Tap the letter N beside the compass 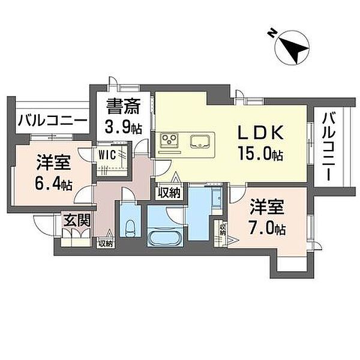tap(272, 32)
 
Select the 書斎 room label tap(123, 106)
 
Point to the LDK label tap(260, 133)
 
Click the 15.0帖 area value tap(260, 153)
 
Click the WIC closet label tap(107, 155)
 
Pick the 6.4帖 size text tap(53, 183)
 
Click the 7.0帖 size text tap(267, 228)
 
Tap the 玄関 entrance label tap(77, 220)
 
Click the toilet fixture tap(130, 229)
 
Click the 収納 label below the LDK tap(170, 193)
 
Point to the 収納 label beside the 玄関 tap(106, 244)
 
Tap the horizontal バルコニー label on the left tap(53, 121)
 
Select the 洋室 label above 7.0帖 tap(267, 207)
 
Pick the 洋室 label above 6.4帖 tap(53, 163)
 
